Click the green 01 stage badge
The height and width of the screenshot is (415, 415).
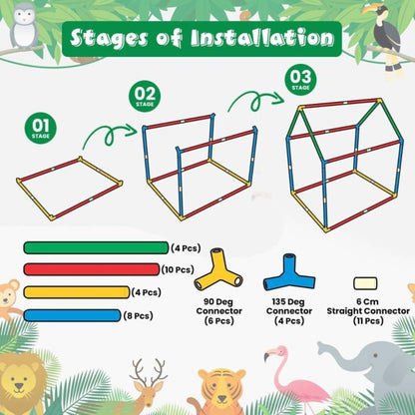(40, 128)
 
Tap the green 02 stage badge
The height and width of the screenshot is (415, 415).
(145, 96)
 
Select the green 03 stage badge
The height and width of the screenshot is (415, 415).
(300, 80)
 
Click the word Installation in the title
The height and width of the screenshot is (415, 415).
(262, 38)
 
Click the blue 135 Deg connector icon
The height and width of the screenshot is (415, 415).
(289, 272)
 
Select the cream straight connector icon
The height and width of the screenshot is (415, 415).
(365, 283)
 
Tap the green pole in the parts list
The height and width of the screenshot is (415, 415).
(96, 248)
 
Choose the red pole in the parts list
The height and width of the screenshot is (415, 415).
(92, 269)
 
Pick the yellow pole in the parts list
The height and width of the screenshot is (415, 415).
(77, 292)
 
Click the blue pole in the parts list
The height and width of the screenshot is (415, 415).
(72, 315)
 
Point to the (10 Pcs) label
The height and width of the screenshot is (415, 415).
(178, 269)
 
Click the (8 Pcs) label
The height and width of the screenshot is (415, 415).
(138, 315)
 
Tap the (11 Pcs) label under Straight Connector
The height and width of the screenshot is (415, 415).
(368, 321)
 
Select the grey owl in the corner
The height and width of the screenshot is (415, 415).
(24, 26)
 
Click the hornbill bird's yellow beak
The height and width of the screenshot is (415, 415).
(370, 9)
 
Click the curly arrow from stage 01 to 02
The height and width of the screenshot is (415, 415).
(110, 135)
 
